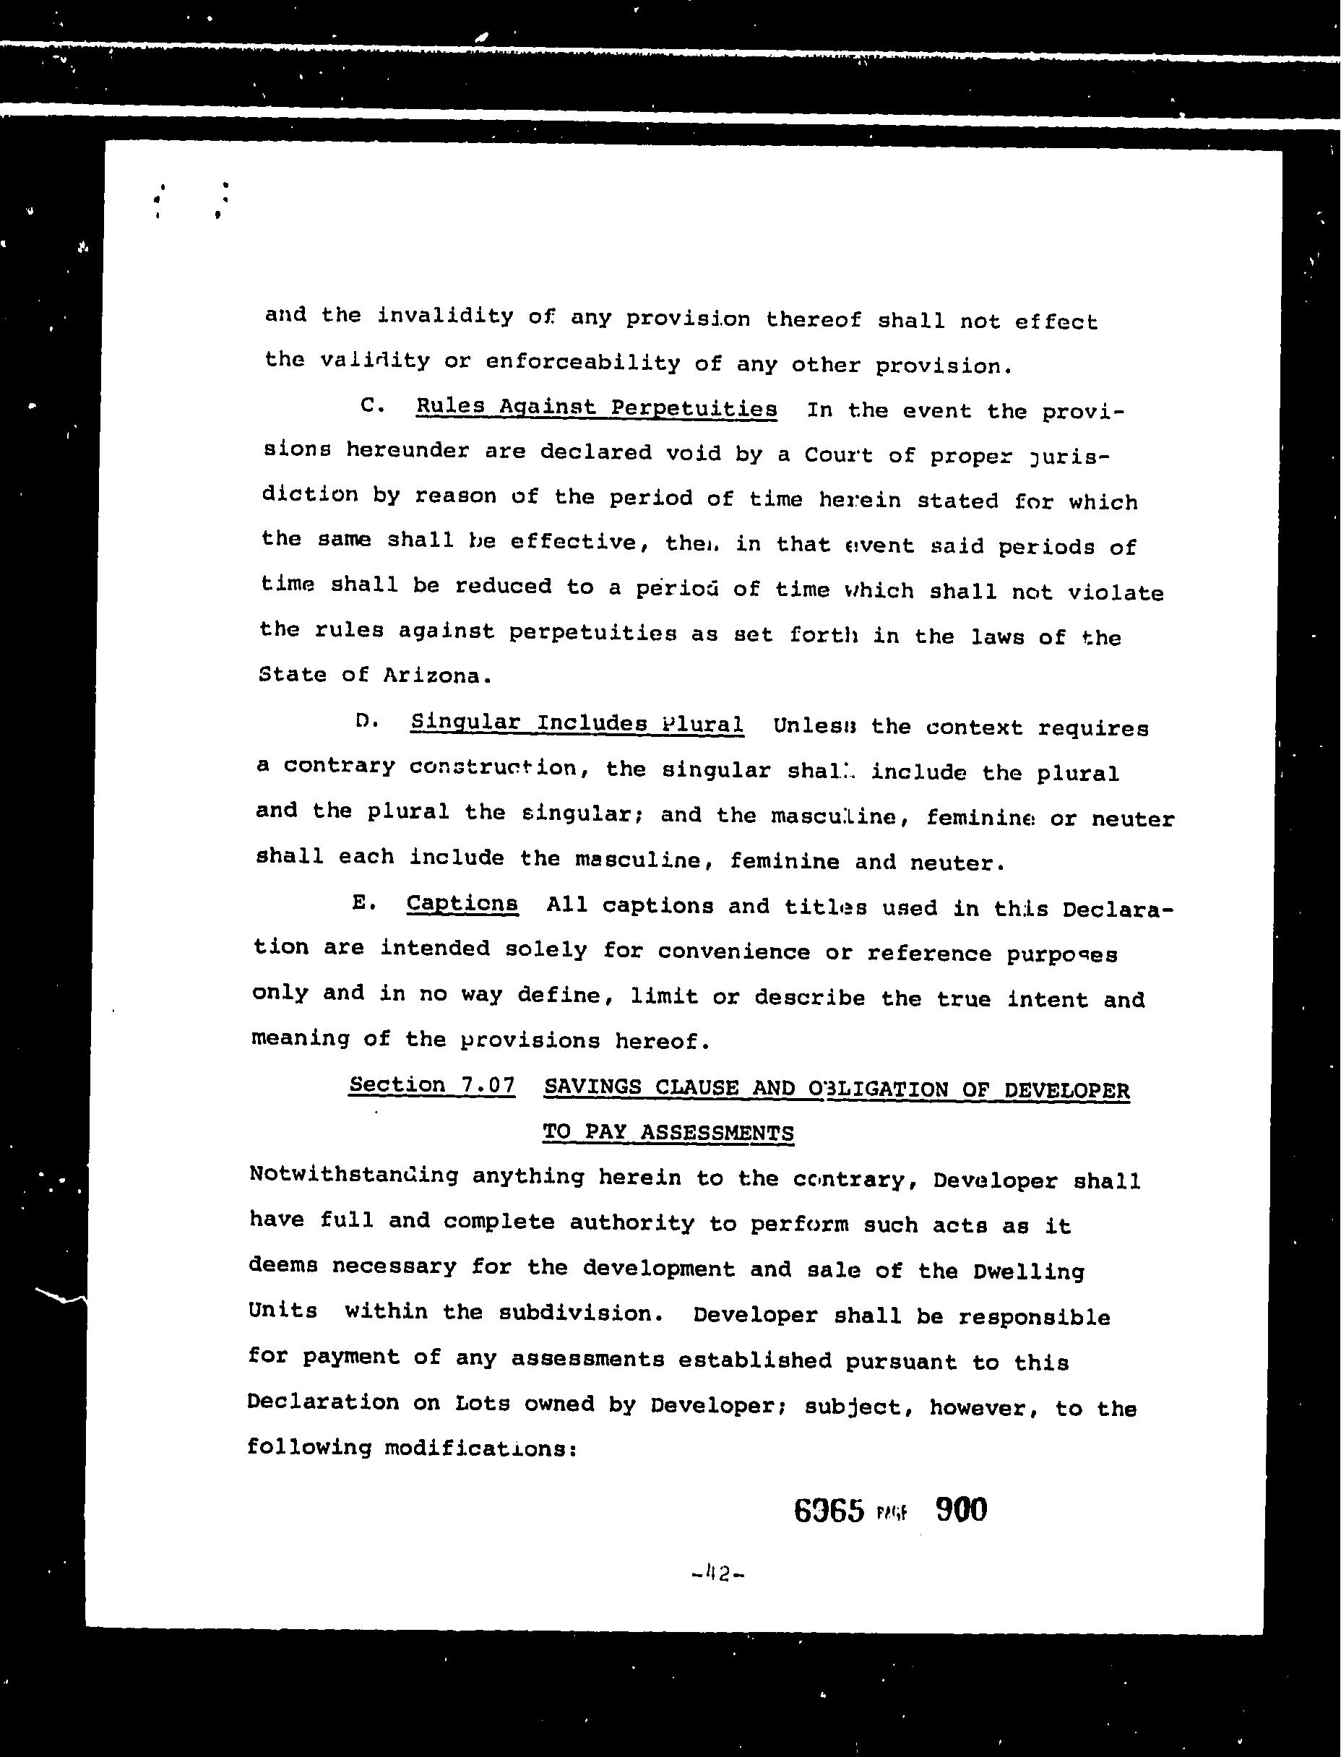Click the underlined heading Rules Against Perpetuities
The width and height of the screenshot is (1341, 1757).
[596, 407]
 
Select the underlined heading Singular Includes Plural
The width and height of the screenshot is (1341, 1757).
[577, 723]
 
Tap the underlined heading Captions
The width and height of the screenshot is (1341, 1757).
[462, 903]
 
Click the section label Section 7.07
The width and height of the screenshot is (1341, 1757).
[432, 1085]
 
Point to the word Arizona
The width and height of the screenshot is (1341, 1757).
[431, 675]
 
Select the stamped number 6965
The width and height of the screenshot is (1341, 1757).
[829, 1511]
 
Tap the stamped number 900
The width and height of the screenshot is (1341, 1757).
[960, 1509]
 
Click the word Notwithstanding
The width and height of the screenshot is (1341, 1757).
[353, 1175]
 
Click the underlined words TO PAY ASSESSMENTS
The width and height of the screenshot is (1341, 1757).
[668, 1132]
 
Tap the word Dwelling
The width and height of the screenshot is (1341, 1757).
[1029, 1271]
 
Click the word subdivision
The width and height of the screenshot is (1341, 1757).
[580, 1313]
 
